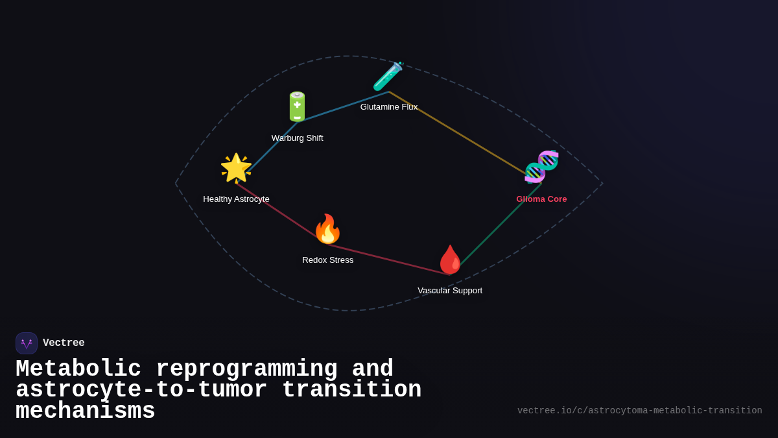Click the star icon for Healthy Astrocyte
coord(236,168)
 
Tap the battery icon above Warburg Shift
coord(297,106)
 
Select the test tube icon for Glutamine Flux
coord(388,77)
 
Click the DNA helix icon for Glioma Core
coord(541,166)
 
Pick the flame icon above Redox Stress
coord(327,229)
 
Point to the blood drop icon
coord(450,260)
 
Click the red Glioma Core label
coord(541,199)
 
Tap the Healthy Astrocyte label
coord(236,199)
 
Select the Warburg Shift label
coord(297,138)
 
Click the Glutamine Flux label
coord(389,107)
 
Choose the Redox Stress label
coord(327,260)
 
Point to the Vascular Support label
coord(450,291)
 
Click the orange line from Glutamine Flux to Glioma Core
coord(464,136)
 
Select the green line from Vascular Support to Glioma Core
coord(496,228)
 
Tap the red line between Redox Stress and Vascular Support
coord(389,260)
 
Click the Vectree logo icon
coord(27,343)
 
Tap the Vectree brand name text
coord(64,343)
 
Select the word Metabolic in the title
coord(78,369)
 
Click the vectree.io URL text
coord(639,411)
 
